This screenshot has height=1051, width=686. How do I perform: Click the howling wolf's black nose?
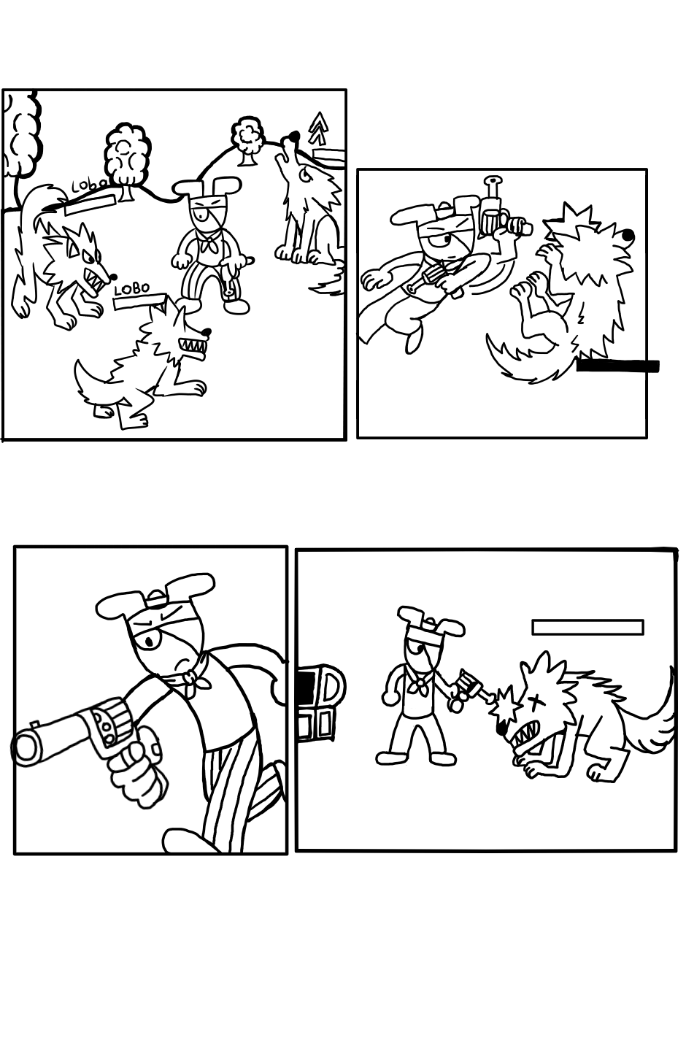coord(293,136)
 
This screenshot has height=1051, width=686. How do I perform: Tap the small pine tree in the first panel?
coord(319,128)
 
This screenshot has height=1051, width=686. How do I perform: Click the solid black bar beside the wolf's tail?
coord(617,366)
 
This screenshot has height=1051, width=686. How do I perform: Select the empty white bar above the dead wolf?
coord(587,627)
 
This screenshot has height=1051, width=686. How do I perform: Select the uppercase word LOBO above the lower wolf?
coord(132,288)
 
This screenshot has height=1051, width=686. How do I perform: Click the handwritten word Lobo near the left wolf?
coord(86,186)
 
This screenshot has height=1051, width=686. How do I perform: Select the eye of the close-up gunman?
coord(151,642)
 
